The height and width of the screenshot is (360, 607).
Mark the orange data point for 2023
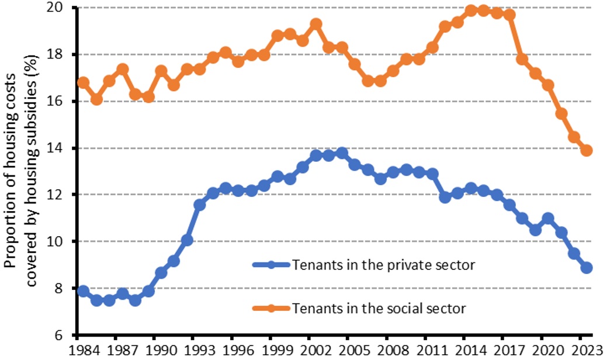coord(587,150)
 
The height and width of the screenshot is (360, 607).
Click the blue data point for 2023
coord(587,268)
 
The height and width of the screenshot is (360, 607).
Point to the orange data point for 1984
coord(84,82)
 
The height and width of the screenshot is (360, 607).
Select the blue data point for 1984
coord(84,291)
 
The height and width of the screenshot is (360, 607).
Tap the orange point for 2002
coord(316,24)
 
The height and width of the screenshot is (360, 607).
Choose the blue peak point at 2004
coord(342,153)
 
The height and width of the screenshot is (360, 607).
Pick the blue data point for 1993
coord(200,205)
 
